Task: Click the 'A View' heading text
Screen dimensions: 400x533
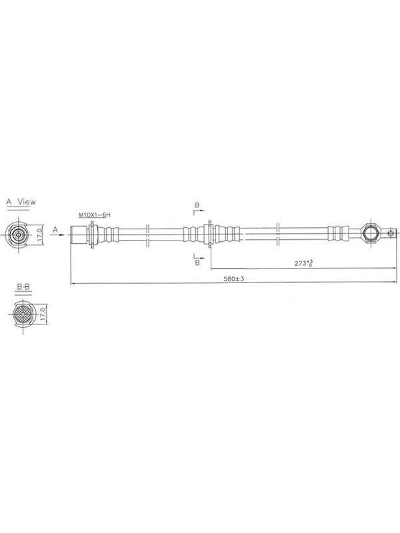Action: [21, 202]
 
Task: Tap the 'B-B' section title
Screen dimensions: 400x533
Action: [23, 287]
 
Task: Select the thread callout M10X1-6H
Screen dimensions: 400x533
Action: [95, 215]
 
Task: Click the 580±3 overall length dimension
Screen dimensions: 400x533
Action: [234, 278]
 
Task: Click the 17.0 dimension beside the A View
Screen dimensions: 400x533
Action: [40, 235]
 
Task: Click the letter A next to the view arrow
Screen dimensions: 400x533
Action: [55, 230]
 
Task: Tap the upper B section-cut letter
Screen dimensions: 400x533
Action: [197, 205]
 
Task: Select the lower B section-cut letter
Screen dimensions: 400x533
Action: [197, 263]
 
